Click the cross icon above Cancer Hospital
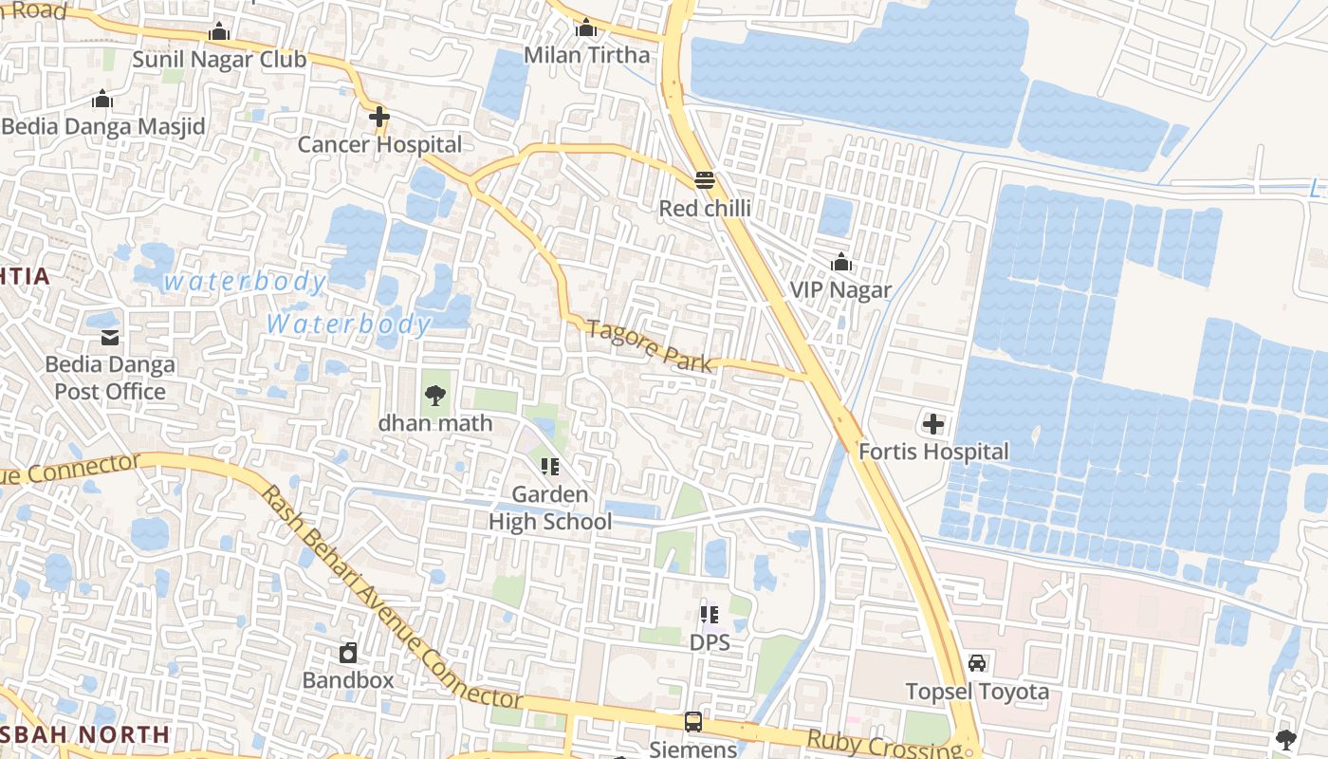click(x=379, y=118)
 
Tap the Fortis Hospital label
click(x=933, y=452)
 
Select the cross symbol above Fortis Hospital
click(x=933, y=424)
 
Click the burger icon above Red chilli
click(x=704, y=180)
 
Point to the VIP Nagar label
click(x=840, y=289)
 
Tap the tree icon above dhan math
click(x=435, y=395)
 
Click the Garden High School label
click(x=550, y=508)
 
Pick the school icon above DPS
click(x=710, y=615)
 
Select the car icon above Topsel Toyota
click(x=977, y=663)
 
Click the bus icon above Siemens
click(x=693, y=722)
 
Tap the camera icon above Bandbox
click(x=348, y=653)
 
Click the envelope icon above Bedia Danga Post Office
click(x=110, y=337)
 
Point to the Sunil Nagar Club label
click(x=219, y=60)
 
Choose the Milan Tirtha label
click(x=587, y=55)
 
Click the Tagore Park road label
click(x=649, y=346)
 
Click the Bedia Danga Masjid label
click(x=103, y=126)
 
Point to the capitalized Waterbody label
click(x=348, y=324)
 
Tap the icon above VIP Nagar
click(x=840, y=263)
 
